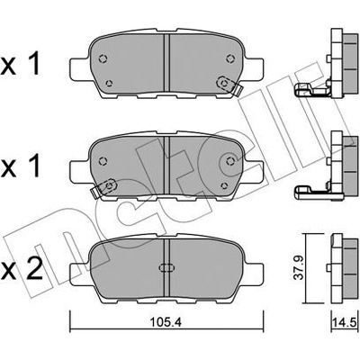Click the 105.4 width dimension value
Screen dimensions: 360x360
[166, 322]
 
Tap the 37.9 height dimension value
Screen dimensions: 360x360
[299, 268]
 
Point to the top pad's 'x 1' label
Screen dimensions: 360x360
[20, 65]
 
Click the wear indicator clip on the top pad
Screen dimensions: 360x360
[229, 85]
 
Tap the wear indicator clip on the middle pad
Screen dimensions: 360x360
[104, 188]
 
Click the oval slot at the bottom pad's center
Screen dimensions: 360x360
[166, 267]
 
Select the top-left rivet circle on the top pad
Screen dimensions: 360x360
[103, 58]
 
